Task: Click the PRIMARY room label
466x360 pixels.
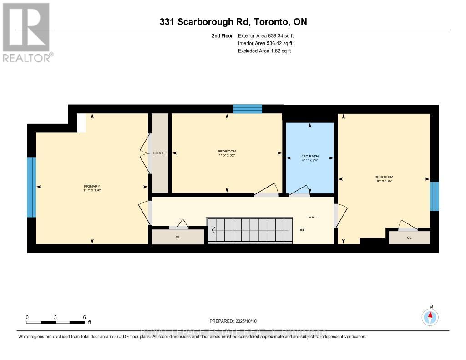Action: pyautogui.click(x=91, y=186)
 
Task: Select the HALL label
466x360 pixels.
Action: pyautogui.click(x=313, y=217)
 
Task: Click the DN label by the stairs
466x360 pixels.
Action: pyautogui.click(x=301, y=230)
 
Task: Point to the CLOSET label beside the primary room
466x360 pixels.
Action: pyautogui.click(x=160, y=153)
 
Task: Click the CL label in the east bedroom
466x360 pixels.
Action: pyautogui.click(x=409, y=238)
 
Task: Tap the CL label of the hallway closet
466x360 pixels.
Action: pyautogui.click(x=177, y=237)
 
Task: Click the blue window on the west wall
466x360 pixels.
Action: pyautogui.click(x=31, y=187)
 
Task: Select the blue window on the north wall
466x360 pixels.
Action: pyautogui.click(x=248, y=109)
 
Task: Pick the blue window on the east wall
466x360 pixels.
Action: pyautogui.click(x=435, y=196)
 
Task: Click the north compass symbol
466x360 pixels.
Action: pyautogui.click(x=430, y=316)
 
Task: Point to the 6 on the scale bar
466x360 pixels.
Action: pyautogui.click(x=84, y=317)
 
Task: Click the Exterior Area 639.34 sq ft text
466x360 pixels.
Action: pyautogui.click(x=269, y=35)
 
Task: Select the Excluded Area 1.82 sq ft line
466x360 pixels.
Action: pyautogui.click(x=264, y=51)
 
